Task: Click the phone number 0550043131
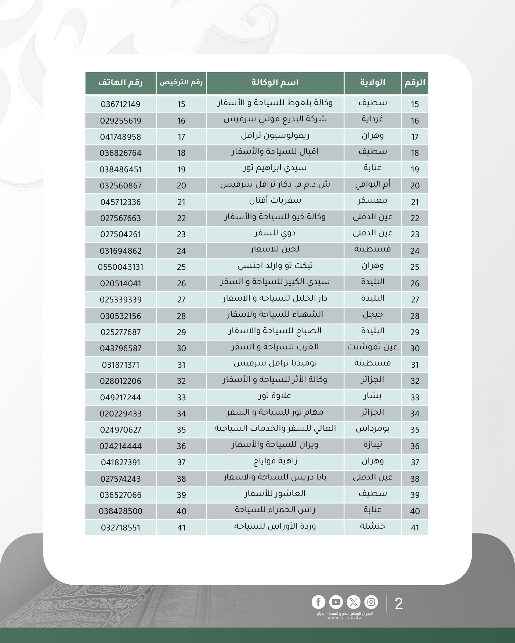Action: tap(120, 267)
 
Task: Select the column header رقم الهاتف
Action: tap(120, 83)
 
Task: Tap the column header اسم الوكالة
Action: tap(275, 83)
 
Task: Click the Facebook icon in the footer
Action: tap(318, 602)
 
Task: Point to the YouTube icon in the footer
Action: tap(336, 602)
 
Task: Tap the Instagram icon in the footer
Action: tap(371, 602)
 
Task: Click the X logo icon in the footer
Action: tap(353, 602)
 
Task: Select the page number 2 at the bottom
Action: tap(399, 604)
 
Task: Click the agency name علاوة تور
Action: tap(275, 396)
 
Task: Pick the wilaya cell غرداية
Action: tap(372, 120)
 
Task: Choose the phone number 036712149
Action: tap(120, 104)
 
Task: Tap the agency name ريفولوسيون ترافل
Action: tap(275, 136)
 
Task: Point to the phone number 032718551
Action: tap(120, 528)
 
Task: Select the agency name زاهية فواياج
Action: tap(275, 462)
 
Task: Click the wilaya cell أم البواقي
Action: tap(372, 185)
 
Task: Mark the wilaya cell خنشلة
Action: tap(372, 526)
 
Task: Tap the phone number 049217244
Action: tap(120, 397)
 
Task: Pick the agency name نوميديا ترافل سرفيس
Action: tap(275, 364)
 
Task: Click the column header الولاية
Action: tap(372, 83)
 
